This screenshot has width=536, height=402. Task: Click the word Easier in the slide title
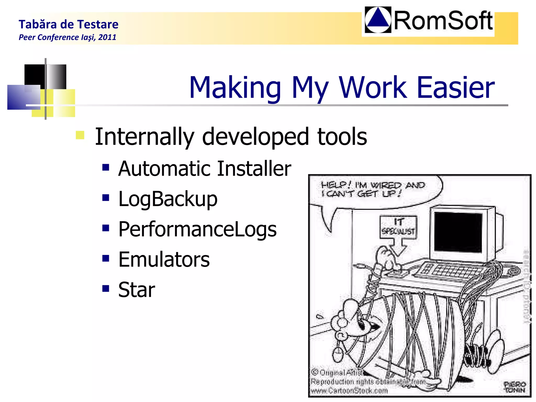pos(455,88)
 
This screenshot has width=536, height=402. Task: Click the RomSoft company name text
pos(443,21)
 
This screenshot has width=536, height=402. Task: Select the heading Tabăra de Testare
pos(69,24)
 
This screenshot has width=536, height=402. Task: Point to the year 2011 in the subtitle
pos(107,37)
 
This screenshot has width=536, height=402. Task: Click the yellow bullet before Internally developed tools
pos(80,135)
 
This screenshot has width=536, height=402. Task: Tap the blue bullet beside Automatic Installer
pos(106,167)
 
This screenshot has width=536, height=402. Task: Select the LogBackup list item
pos(168,199)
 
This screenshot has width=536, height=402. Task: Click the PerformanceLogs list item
pos(197,229)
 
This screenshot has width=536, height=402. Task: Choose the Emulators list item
pos(164,259)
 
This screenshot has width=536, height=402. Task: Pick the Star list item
pos(136,290)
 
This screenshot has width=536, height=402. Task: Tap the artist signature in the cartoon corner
pos(515,387)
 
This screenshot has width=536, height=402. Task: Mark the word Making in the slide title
pos(235,88)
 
